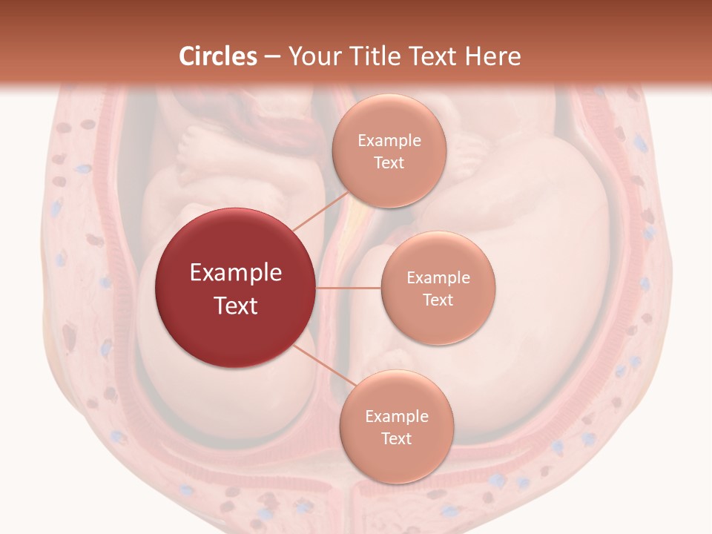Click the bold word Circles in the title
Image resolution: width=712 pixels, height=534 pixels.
coord(218,56)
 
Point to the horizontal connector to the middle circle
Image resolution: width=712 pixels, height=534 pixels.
coord(349,287)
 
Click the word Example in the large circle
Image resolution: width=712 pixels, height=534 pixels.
coord(236,273)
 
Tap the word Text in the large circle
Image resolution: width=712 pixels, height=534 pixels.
coord(236,306)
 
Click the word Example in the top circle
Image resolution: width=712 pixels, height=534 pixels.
coord(389,141)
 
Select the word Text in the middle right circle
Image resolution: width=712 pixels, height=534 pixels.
coord(438,300)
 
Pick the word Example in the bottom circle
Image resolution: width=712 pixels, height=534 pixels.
coord(396,417)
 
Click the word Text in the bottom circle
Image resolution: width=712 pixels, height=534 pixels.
coord(396,438)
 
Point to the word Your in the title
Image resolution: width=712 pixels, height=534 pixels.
coord(308,56)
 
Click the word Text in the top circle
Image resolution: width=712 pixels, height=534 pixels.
coord(389,163)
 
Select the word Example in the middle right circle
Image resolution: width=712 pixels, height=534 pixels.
coord(438,278)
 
